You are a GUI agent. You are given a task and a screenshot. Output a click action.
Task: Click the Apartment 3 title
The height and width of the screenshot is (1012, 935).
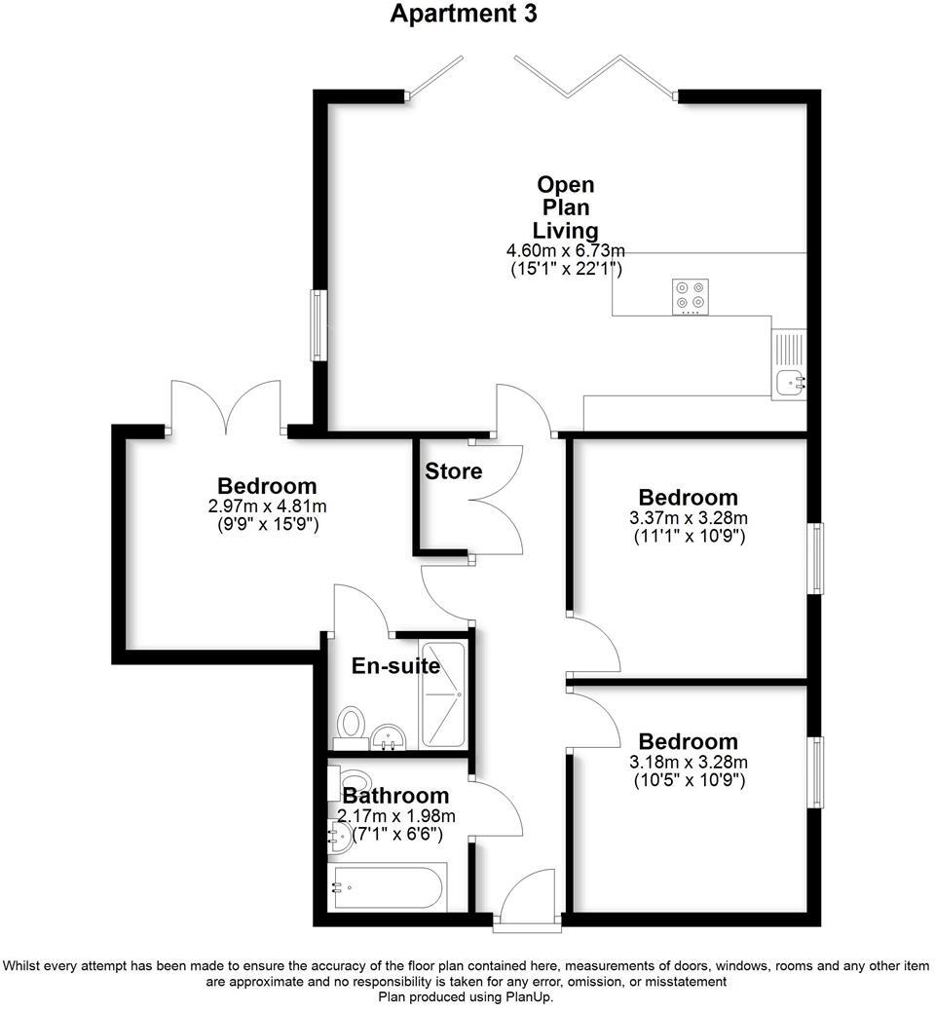click(464, 14)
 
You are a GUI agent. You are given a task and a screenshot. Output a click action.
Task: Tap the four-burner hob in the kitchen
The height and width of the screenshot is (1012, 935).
click(691, 297)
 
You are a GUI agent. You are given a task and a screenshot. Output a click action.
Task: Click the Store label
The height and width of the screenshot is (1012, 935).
click(453, 471)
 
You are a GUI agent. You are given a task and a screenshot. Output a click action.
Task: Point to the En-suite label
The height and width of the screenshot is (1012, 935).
click(395, 667)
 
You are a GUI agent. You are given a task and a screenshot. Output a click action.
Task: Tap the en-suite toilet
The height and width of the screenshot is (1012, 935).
click(351, 725)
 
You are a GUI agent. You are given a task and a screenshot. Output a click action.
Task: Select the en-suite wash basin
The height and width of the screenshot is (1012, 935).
click(390, 735)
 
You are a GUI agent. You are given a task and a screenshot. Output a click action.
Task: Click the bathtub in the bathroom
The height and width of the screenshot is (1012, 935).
click(389, 887)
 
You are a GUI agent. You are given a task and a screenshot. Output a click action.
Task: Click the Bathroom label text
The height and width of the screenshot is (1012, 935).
click(395, 797)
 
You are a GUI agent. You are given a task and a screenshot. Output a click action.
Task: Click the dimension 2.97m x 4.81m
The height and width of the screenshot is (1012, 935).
click(267, 506)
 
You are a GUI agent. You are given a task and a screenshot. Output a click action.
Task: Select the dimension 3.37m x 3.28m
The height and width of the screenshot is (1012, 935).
click(688, 517)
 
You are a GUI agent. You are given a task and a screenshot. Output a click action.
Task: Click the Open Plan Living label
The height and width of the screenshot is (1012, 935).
click(566, 207)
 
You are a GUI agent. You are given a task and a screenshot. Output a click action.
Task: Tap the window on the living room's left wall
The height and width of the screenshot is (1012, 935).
click(318, 325)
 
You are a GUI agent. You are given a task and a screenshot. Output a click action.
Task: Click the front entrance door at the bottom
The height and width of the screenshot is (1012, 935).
click(527, 901)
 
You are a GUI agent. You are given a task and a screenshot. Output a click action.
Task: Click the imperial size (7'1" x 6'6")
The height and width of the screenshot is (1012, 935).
click(391, 834)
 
